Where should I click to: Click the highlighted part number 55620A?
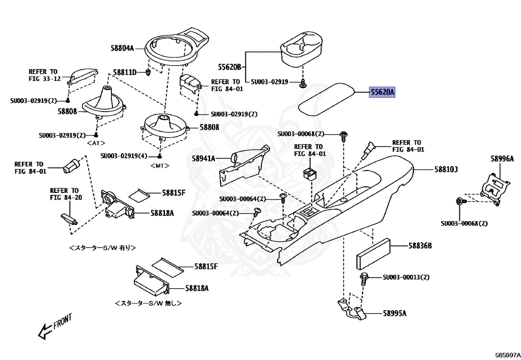click(x=383, y=93)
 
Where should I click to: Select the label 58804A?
click(x=123, y=48)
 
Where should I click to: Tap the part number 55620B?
click(x=231, y=67)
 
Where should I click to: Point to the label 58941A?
click(x=204, y=158)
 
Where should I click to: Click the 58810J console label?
click(x=446, y=169)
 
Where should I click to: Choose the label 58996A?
click(x=502, y=159)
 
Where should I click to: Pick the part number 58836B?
click(x=420, y=246)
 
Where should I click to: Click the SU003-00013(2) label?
click(x=406, y=278)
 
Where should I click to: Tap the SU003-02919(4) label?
click(x=124, y=156)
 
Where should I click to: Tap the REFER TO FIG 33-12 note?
click(x=44, y=75)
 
